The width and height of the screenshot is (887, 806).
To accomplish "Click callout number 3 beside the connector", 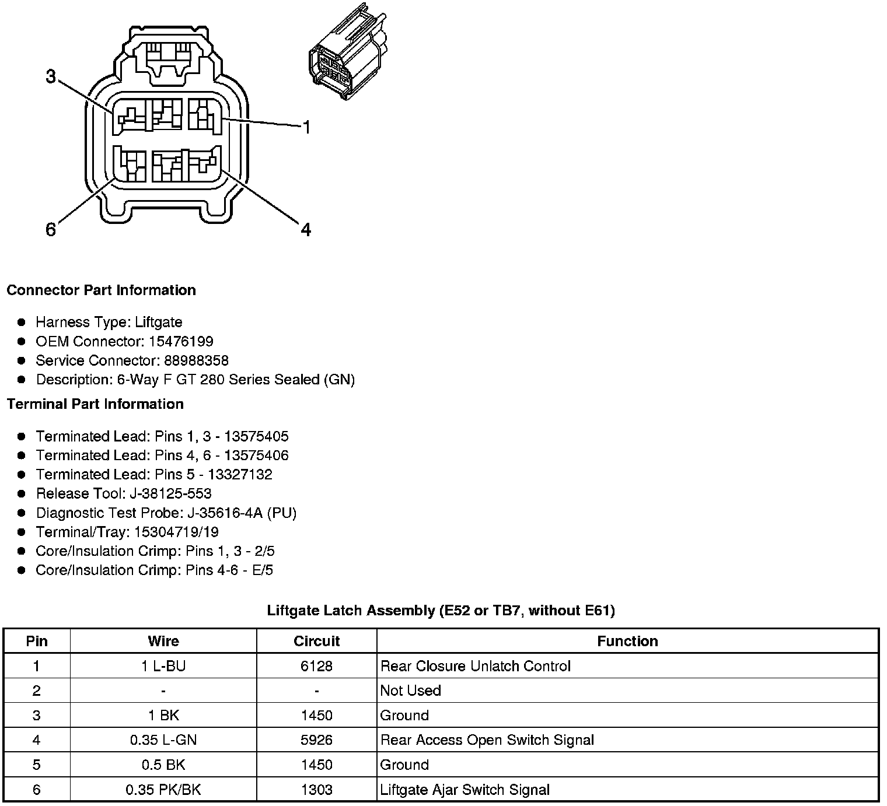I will click(51, 76).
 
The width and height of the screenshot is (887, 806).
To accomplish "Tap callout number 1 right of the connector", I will click(306, 127).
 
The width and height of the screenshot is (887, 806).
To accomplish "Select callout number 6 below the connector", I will click(51, 230).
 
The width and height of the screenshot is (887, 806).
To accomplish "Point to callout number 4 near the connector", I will click(306, 230).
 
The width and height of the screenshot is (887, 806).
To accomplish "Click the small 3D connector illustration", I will click(347, 62).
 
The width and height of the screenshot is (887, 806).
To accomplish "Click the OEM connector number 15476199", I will click(181, 341).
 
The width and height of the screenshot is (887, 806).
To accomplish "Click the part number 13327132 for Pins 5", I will click(240, 474).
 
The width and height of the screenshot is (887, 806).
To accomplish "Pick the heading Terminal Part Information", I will click(95, 404).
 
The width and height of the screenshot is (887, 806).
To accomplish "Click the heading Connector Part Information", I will click(101, 290).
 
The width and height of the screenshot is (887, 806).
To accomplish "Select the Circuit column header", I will click(316, 642).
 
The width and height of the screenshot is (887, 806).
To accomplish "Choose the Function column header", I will click(627, 642).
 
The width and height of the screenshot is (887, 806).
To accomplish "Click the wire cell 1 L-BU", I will click(163, 666).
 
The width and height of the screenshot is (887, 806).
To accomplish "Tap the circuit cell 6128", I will click(316, 666).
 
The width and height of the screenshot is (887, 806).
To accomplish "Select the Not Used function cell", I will click(411, 691).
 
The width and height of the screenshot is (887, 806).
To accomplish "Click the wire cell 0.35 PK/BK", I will click(163, 790).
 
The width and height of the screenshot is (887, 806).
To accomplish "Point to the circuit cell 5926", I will click(316, 740).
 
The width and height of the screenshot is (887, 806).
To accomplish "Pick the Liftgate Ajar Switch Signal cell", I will click(465, 790).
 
